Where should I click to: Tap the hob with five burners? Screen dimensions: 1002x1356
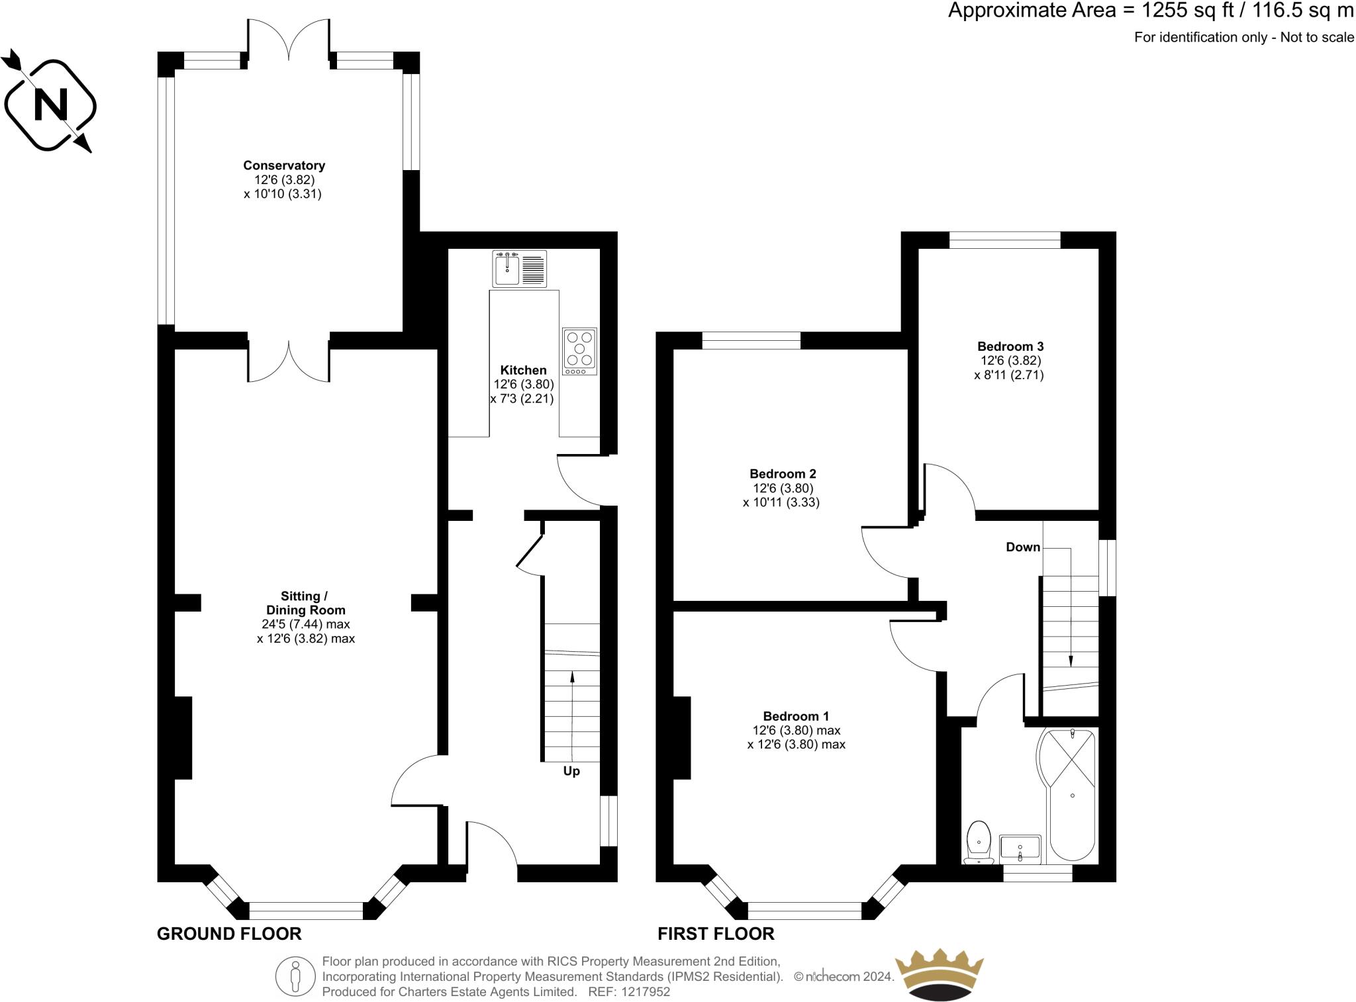tap(579, 351)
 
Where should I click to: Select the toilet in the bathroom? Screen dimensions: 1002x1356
tap(979, 843)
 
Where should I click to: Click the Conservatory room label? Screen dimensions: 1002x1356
tap(283, 165)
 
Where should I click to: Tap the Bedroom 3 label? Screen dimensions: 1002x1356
tap(1010, 346)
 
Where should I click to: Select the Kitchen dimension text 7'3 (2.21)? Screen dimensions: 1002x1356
tap(522, 399)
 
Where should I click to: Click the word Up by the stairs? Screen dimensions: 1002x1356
tap(571, 771)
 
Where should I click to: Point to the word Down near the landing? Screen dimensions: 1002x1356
tap(1023, 547)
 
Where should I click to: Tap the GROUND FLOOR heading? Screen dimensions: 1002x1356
tap(229, 934)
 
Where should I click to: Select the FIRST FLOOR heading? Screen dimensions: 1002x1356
tap(716, 934)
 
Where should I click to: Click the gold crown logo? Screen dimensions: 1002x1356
tap(939, 976)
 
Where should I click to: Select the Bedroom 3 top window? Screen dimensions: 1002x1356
tap(1004, 240)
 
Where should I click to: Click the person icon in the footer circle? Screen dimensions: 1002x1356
tap(295, 976)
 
